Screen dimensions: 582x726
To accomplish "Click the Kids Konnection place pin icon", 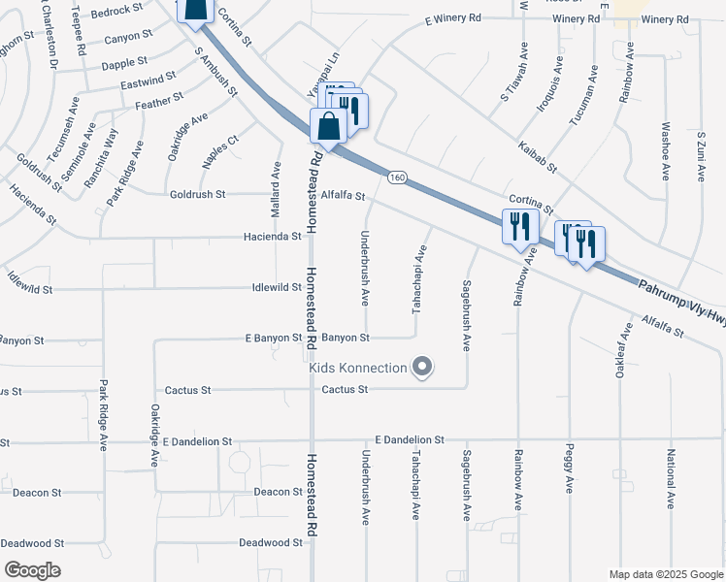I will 422,368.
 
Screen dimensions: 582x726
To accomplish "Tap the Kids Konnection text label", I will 357,368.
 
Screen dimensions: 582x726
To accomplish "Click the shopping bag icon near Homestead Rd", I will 329,127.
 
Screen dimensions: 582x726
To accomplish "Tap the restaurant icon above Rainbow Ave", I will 519,226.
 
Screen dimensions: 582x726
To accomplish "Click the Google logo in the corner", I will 33,570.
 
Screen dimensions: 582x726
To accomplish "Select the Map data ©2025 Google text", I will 665,574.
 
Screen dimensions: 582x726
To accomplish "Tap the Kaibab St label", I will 537,153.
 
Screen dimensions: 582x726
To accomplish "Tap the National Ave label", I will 670,479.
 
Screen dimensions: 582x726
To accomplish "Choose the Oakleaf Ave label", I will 619,356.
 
